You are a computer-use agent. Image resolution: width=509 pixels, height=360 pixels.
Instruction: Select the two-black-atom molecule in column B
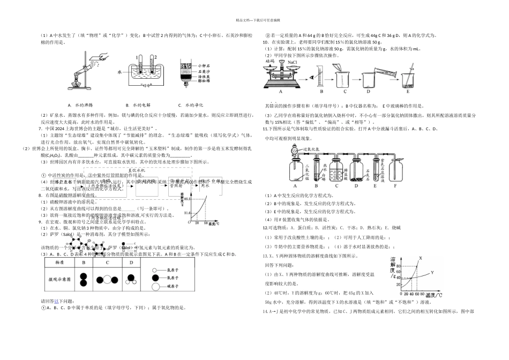click(84, 279)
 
